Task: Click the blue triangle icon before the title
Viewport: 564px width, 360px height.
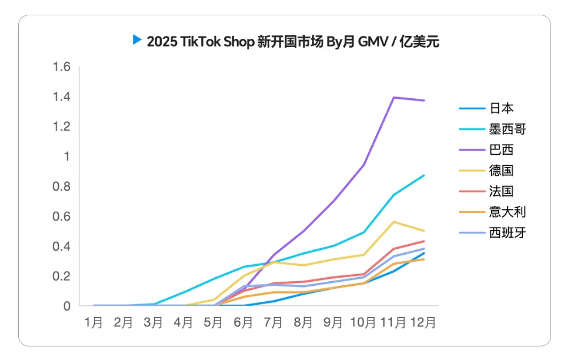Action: (137, 40)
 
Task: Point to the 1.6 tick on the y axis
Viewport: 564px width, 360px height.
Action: (62, 67)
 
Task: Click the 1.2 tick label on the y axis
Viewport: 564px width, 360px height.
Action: (62, 126)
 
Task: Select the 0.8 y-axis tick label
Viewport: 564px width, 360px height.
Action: (62, 186)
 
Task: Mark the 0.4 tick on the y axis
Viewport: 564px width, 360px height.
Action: (62, 246)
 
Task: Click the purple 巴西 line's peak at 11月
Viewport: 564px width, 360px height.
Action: (393, 97)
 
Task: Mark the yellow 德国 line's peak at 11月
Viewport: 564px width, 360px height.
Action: (393, 222)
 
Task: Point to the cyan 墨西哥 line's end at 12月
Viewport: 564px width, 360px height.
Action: (424, 175)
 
